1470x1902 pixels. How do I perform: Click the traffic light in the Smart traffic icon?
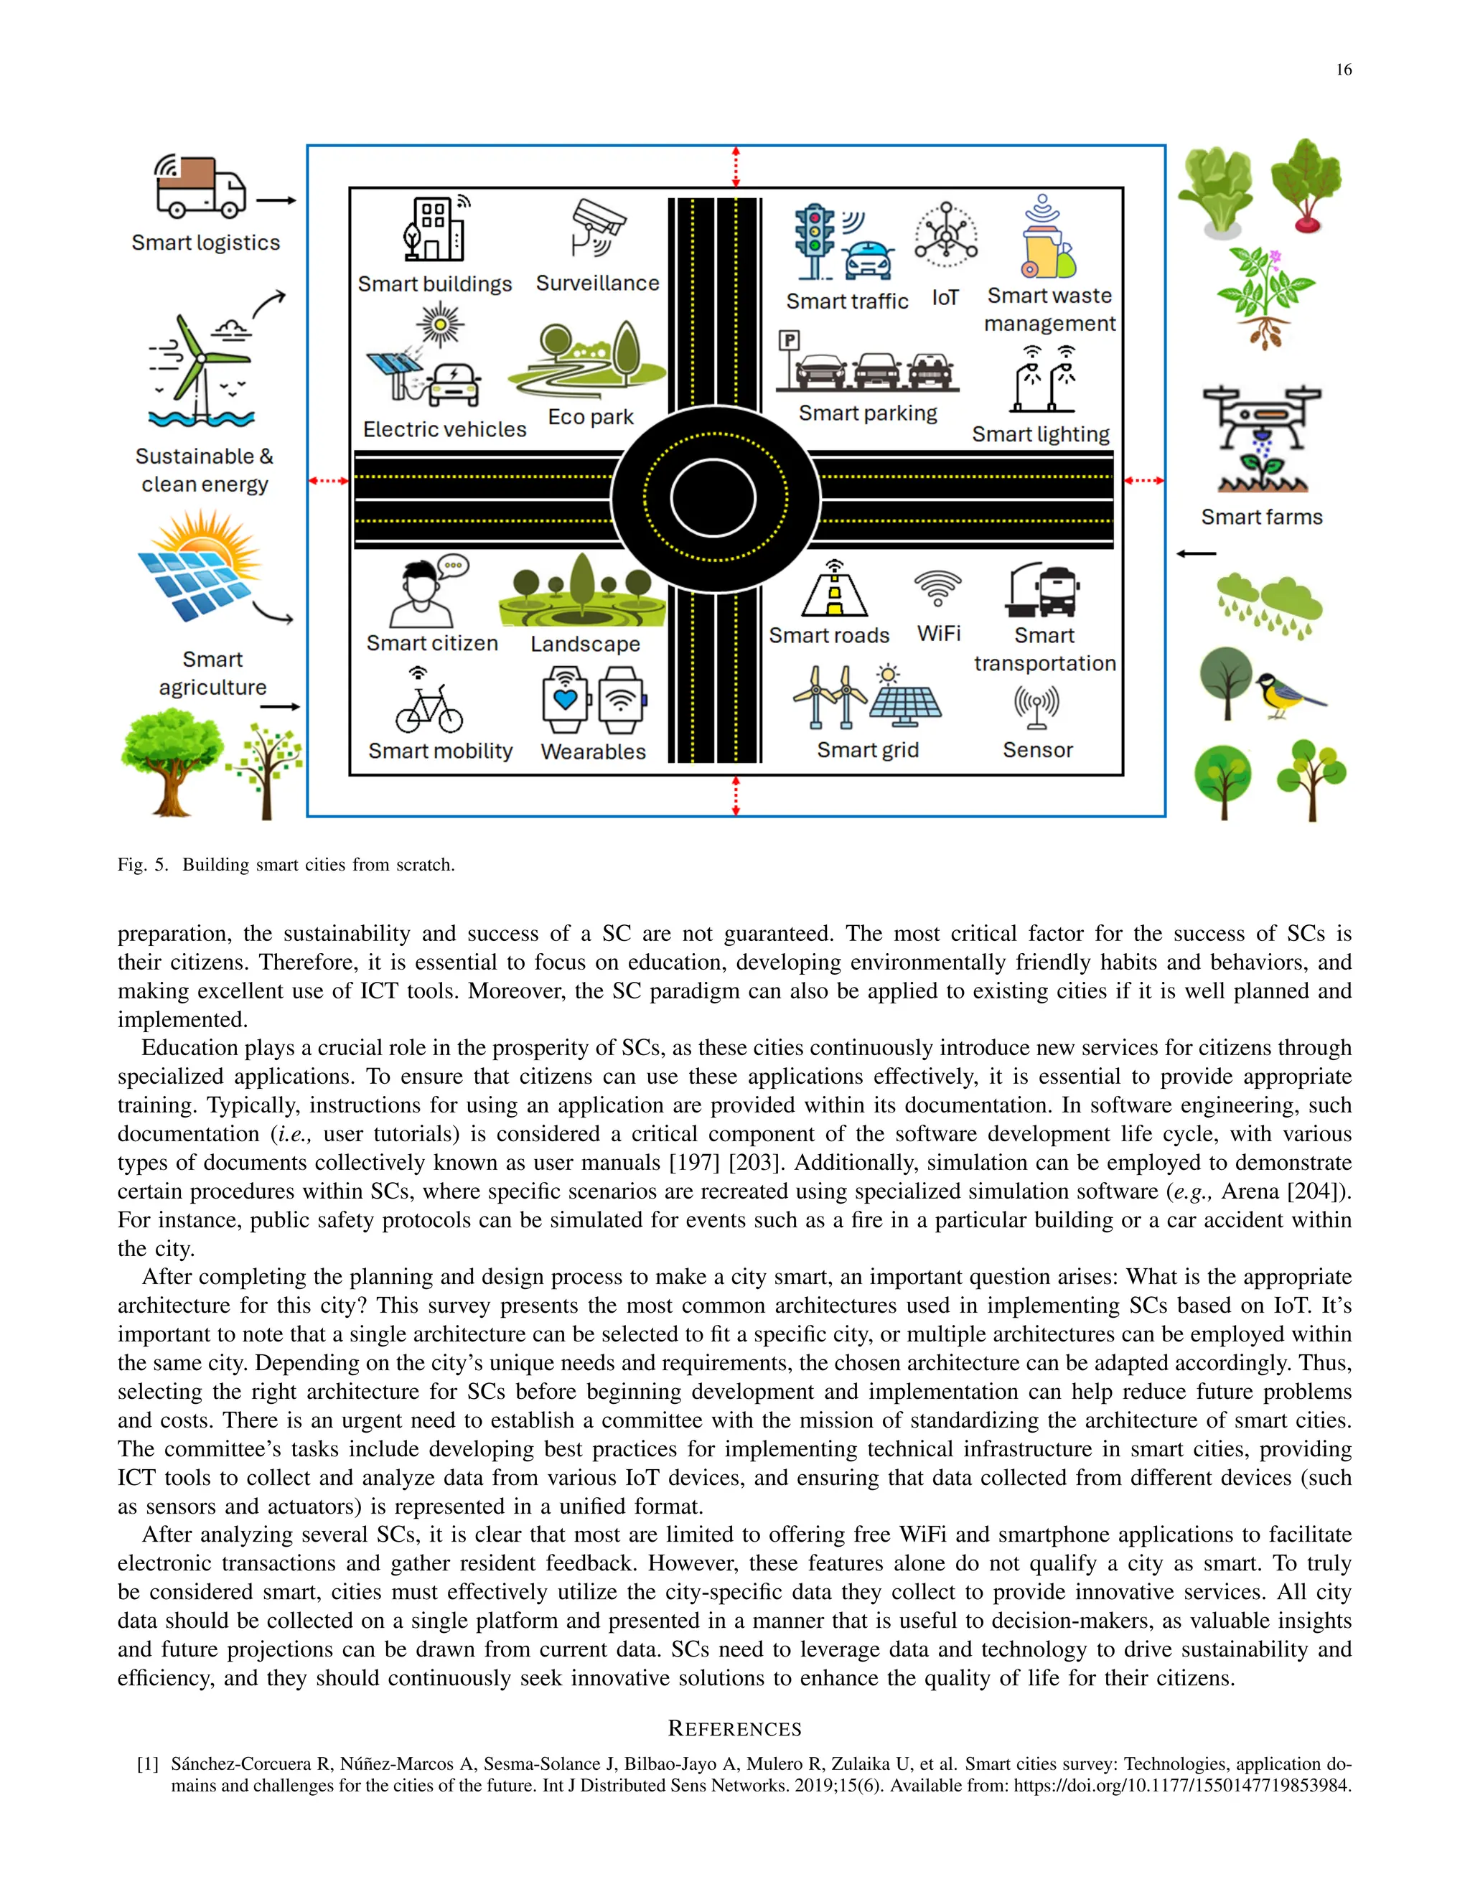coord(814,240)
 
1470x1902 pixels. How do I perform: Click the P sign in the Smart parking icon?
coord(789,340)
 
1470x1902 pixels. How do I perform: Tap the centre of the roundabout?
coord(716,498)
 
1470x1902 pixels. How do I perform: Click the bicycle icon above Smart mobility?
coord(429,707)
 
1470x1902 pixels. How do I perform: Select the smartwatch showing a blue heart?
coord(565,701)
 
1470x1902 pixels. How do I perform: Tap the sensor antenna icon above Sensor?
coord(1036,706)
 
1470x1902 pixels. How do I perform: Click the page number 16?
coord(1343,70)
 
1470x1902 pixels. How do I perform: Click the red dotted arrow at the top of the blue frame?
coord(736,167)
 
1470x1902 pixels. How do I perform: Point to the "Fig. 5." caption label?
coord(143,865)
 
